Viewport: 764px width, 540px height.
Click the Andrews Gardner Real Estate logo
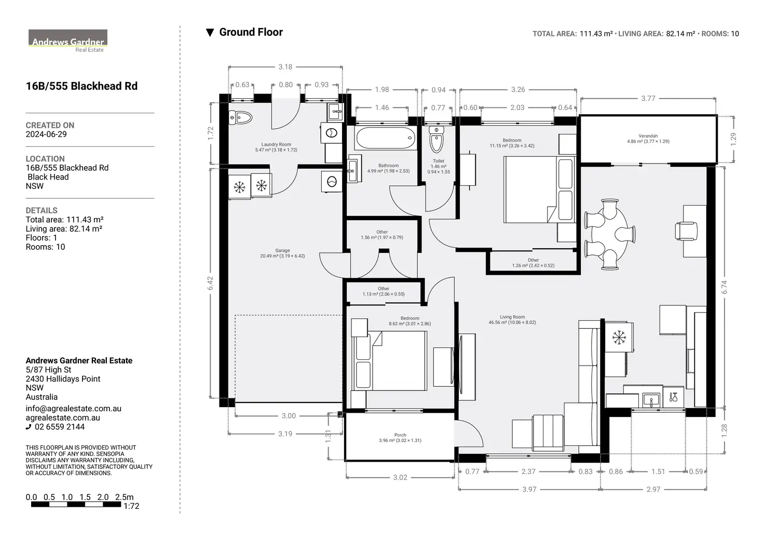coord(68,41)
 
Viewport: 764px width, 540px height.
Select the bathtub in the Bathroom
coord(386,138)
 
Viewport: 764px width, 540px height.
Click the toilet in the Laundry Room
coord(240,118)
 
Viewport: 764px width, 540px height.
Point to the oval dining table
coord(609,234)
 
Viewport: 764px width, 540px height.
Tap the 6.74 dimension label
coord(724,287)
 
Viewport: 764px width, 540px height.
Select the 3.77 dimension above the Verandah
coord(648,98)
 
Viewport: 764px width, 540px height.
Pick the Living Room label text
coord(512,317)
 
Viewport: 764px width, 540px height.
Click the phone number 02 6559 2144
coord(60,427)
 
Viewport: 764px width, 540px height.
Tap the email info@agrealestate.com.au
coord(73,409)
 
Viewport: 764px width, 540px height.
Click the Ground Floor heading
coord(251,32)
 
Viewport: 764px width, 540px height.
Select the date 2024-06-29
coord(46,134)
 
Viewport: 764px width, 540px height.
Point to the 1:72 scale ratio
coord(131,506)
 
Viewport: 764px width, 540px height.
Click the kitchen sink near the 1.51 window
coord(651,399)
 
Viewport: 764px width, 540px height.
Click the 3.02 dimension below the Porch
coord(400,477)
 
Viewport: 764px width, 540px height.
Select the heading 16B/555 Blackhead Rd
coord(81,86)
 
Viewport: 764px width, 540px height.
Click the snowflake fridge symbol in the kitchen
coord(618,337)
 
